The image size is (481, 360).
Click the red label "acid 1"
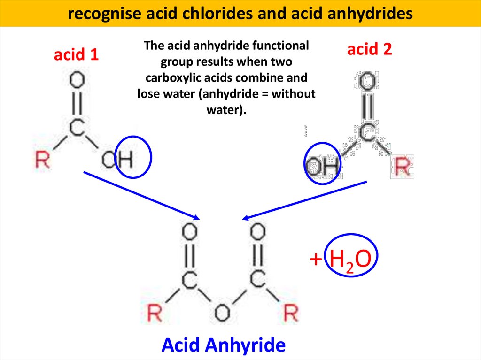pyautogui.click(x=76, y=55)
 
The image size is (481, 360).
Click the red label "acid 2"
pyautogui.click(x=369, y=49)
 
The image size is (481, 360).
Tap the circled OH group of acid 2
pyautogui.click(x=322, y=165)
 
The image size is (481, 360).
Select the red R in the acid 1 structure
pyautogui.click(x=43, y=160)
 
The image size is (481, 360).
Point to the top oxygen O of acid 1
pyautogui.click(x=77, y=81)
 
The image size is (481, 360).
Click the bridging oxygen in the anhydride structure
pyautogui.click(x=222, y=313)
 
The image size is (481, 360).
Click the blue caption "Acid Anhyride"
pyautogui.click(x=223, y=345)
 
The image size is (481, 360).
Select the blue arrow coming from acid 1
pyautogui.click(x=141, y=195)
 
